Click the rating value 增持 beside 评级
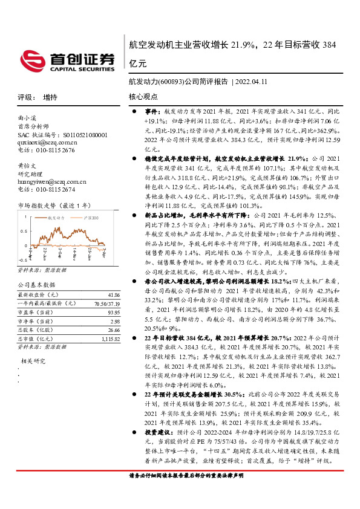pyautogui.click(x=50, y=97)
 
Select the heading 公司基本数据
pyautogui.click(x=36, y=284)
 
